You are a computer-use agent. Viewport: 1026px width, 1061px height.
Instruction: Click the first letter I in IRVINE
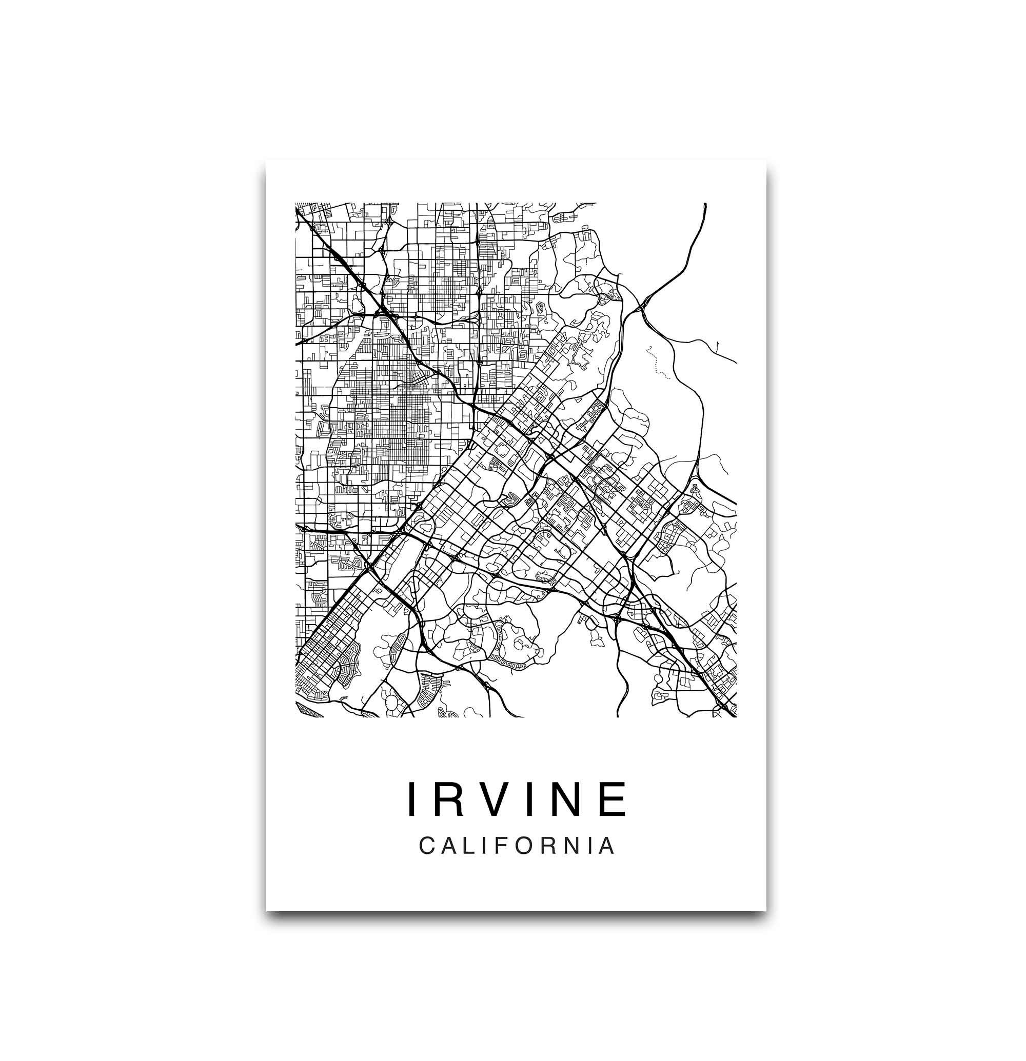tap(411, 798)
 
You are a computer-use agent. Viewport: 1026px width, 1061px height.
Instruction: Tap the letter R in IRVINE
tap(448, 798)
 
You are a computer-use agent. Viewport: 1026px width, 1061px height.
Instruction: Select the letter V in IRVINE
tap(493, 798)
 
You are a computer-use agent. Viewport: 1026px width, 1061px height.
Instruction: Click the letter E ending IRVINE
tap(615, 798)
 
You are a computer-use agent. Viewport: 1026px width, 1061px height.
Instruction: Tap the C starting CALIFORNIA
tap(427, 846)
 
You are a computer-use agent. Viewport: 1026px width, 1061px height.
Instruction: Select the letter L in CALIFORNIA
tap(471, 846)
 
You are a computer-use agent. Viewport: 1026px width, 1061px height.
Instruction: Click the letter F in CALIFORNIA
tap(505, 846)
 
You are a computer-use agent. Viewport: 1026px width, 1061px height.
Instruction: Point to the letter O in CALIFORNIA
tap(527, 846)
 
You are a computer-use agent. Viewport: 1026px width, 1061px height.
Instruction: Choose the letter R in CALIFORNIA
tap(551, 846)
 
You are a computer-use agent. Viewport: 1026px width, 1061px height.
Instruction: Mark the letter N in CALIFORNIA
tap(574, 846)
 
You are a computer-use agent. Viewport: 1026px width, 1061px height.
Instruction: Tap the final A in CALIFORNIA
tap(608, 846)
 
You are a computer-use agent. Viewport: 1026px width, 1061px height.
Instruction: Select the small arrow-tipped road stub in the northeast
tap(717, 344)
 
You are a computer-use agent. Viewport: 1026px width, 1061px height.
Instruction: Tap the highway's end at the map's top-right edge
tap(705, 205)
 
